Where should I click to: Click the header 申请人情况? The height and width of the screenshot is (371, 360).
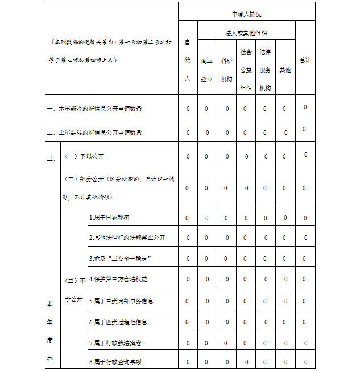tap(246, 13)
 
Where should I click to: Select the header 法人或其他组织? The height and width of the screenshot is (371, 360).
tap(246, 32)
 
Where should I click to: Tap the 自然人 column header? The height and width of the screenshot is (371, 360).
tap(187, 60)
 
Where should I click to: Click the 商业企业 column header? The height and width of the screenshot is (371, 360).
tap(206, 70)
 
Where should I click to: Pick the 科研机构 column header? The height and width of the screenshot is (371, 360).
tap(226, 70)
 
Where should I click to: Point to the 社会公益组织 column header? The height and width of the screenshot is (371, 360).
tap(246, 69)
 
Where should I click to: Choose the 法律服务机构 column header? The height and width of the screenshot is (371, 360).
tap(265, 69)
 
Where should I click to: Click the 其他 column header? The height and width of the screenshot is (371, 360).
tap(285, 70)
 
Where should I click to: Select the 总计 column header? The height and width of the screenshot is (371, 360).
tap(305, 60)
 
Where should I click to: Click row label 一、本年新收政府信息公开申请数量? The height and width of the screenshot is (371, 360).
tap(94, 108)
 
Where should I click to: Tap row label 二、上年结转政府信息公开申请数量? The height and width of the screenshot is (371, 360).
tap(94, 132)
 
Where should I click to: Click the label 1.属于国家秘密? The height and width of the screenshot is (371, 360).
tap(109, 218)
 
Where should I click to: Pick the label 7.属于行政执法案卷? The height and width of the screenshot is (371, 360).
tap(115, 343)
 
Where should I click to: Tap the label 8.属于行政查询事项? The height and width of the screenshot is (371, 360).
tap(115, 361)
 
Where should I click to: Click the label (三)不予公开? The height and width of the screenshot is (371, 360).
tap(75, 289)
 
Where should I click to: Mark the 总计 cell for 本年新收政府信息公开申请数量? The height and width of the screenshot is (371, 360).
tap(305, 107)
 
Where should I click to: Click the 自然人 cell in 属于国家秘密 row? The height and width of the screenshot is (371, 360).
tap(187, 218)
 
